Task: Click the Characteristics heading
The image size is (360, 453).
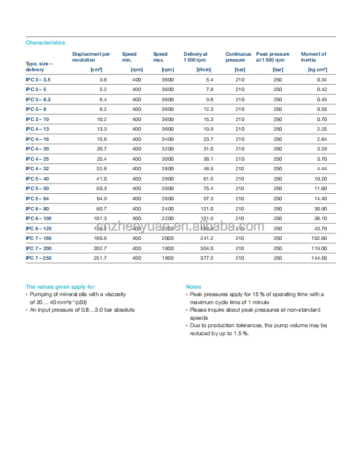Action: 46,43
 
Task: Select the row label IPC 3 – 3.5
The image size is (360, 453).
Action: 38,80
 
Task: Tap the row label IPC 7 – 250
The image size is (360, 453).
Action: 39,258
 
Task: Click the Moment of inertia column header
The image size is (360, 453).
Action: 313,57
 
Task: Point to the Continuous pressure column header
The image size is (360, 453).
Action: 238,57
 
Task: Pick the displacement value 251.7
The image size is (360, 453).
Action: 100,258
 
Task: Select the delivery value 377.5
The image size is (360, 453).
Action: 206,258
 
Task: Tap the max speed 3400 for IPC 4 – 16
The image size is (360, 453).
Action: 167,139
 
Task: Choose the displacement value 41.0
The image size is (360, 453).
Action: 102,179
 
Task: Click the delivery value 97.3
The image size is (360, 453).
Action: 207,199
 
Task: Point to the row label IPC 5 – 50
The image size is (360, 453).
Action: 37,188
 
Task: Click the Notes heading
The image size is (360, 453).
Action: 193,287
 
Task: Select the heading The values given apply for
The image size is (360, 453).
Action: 60,287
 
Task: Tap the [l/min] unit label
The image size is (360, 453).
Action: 204,70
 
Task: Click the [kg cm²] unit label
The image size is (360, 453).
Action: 317,70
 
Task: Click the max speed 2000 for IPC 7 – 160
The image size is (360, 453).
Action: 167,238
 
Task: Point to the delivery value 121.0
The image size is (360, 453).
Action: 207,208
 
